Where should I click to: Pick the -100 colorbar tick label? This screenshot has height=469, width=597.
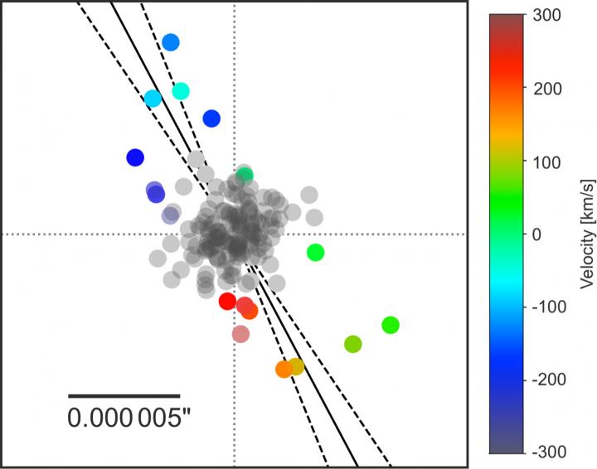coord(546,307)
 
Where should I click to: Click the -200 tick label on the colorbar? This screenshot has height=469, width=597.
coord(546,380)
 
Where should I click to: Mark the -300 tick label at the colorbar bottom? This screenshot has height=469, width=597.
coord(546,452)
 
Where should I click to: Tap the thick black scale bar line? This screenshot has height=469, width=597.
coord(124,396)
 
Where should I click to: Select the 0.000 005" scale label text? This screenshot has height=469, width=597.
coord(124,418)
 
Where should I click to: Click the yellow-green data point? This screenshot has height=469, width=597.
coord(352,344)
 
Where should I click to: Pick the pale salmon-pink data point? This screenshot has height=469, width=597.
coord(240,334)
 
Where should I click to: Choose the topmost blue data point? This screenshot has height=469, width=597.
coord(171,42)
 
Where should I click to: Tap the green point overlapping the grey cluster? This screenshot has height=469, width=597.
coord(245,175)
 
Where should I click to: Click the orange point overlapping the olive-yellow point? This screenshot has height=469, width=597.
coord(284,370)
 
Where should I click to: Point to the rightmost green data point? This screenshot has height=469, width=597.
coord(391,326)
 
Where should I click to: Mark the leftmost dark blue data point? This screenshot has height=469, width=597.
coord(135,157)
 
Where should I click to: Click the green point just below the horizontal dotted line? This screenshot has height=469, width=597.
coord(315,253)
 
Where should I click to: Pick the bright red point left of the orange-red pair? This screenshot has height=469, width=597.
coord(227,302)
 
